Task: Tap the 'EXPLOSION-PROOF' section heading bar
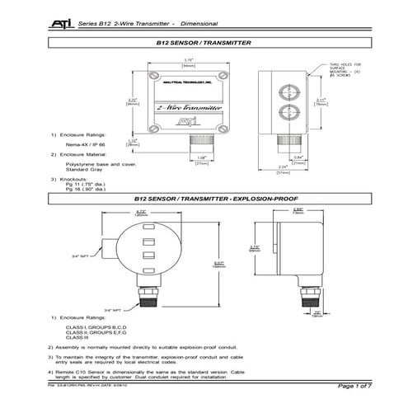(203, 199)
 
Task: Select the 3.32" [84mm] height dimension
(130, 102)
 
